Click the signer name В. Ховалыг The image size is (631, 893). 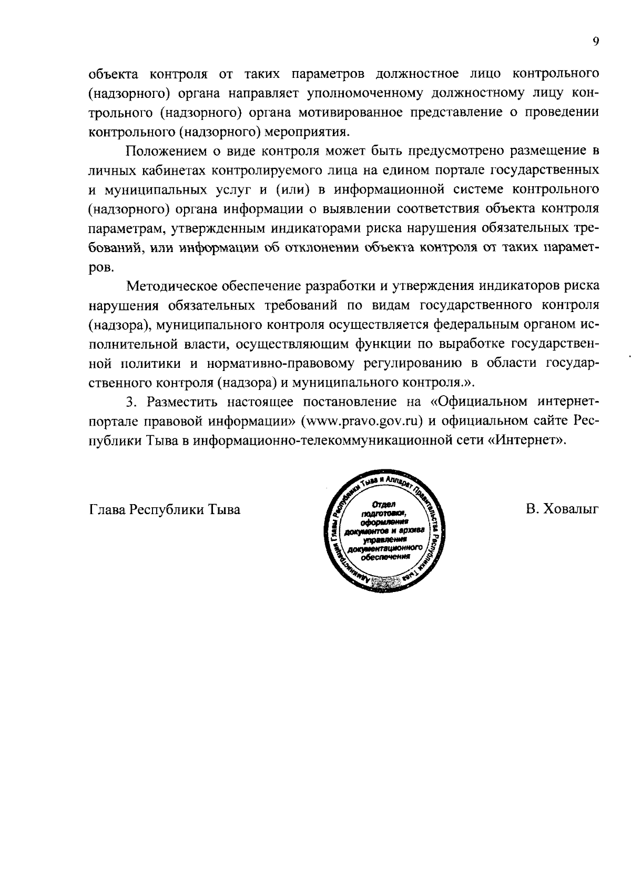[x=561, y=509]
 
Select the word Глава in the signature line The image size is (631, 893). [x=108, y=509]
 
